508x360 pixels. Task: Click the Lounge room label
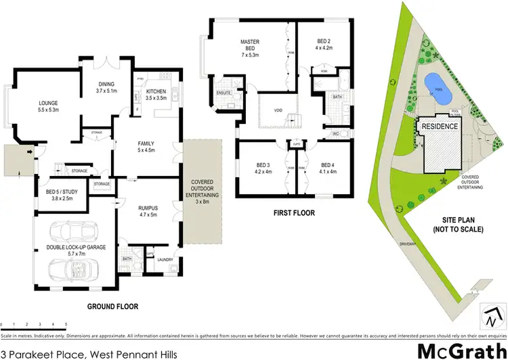coord(49,104)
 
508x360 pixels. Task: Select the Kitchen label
coord(157,93)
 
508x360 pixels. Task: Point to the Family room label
coord(147,145)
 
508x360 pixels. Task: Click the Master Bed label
coord(250,45)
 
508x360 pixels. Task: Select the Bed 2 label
coord(321,45)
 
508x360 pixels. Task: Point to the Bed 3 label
coord(263,167)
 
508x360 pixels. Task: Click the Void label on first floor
coord(278,109)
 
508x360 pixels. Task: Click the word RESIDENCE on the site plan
coord(440,127)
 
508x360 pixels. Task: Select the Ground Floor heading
coord(113,307)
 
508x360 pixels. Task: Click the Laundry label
coord(165,259)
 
